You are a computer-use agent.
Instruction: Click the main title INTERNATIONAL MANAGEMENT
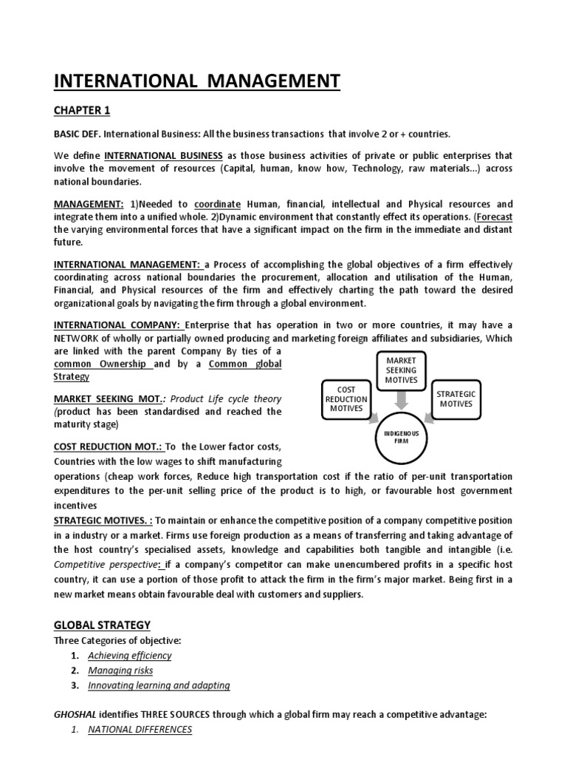pyautogui.click(x=197, y=80)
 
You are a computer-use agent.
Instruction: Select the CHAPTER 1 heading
pyautogui.click(x=82, y=110)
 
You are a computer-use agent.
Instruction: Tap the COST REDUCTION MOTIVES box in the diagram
pyautogui.click(x=346, y=398)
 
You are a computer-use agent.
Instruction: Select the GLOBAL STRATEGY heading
pyautogui.click(x=102, y=625)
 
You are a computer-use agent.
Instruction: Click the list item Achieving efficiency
pyautogui.click(x=129, y=655)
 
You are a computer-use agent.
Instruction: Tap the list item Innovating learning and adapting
pyautogui.click(x=159, y=685)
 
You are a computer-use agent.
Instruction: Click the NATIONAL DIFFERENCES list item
pyautogui.click(x=140, y=730)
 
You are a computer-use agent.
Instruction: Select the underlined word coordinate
pyautogui.click(x=218, y=203)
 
